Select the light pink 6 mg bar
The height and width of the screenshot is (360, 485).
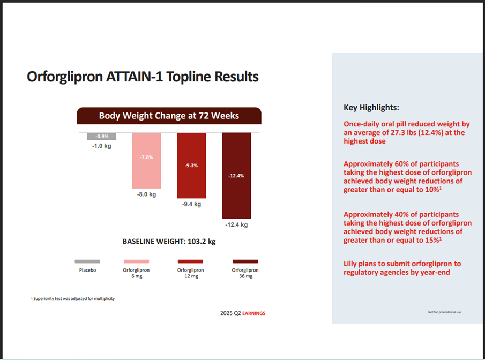point(146,160)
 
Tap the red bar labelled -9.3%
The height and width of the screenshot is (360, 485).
point(191,166)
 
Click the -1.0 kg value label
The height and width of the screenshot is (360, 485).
point(101,146)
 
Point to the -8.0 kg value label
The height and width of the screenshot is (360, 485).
point(146,196)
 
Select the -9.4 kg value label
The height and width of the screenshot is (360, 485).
point(191,204)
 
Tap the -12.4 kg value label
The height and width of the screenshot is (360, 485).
point(236,225)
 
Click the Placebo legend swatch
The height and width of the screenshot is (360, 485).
point(87,261)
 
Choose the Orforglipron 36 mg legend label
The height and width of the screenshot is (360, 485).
point(245,273)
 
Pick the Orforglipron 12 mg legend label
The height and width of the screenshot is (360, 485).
point(191,273)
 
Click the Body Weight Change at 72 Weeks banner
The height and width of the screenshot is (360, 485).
point(169,116)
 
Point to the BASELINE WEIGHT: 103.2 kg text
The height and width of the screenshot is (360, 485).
point(169,242)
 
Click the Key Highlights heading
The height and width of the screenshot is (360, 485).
point(371,107)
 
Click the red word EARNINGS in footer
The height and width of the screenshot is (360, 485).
point(253,313)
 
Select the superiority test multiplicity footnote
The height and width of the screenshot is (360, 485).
point(73,298)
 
